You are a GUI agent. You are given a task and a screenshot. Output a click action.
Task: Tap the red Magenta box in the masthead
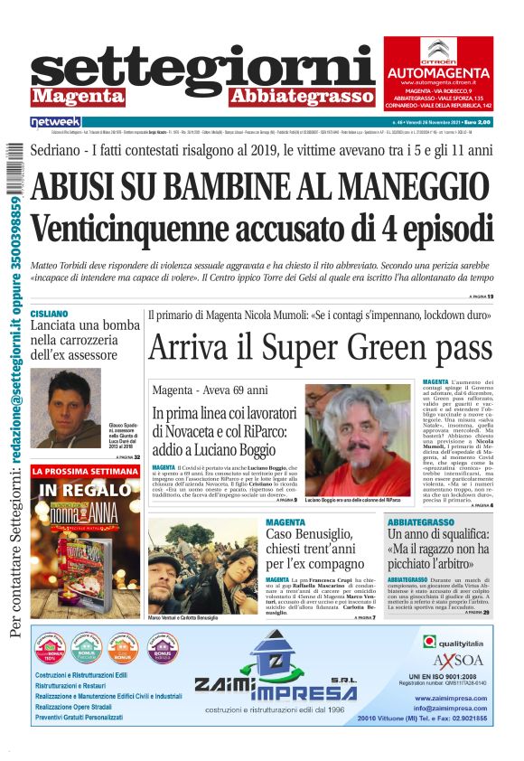coord(77,96)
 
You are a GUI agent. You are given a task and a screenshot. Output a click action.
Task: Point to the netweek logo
coord(55,121)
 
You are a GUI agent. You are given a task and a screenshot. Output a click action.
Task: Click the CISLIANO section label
coord(49,314)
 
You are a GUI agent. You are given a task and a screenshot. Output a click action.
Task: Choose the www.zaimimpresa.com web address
coord(453,699)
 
